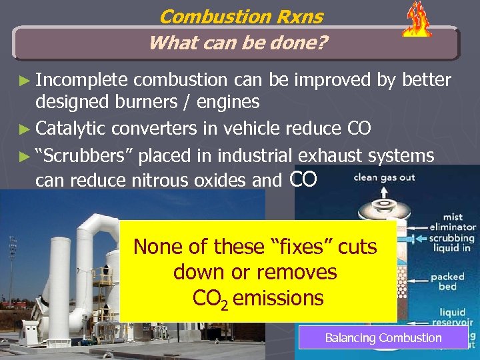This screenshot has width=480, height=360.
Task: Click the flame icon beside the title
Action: pyautogui.click(x=417, y=20)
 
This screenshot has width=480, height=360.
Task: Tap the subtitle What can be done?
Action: pyautogui.click(x=238, y=43)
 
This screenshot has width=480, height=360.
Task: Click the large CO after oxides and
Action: pyautogui.click(x=305, y=178)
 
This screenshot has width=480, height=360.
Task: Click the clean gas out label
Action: pyautogui.click(x=383, y=178)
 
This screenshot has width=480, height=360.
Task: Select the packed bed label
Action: pyautogui.click(x=447, y=281)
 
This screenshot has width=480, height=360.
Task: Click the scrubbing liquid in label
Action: pyautogui.click(x=451, y=243)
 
